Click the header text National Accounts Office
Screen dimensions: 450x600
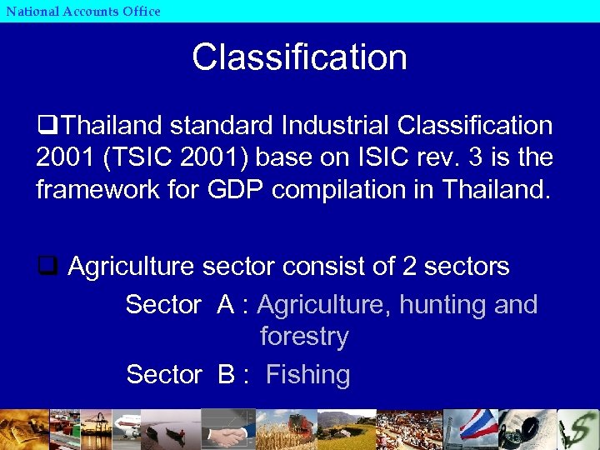82,11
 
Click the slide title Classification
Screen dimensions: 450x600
299,57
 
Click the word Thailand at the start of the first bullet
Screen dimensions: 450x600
112,126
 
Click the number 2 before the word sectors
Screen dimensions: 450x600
409,267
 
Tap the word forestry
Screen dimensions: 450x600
303,337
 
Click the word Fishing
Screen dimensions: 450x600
307,375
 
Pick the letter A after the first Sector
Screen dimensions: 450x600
226,305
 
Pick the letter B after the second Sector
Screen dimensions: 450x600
226,375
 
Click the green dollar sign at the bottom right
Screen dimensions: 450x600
578,429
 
